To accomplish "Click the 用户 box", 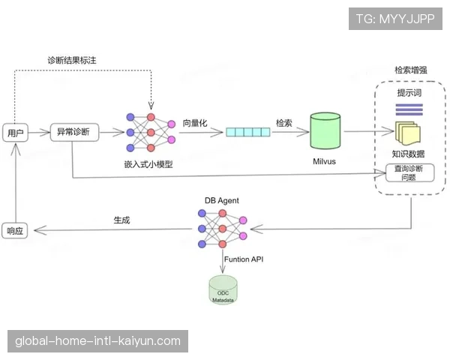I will (15, 133).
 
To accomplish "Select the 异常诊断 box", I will (73, 133).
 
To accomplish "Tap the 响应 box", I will (15, 230).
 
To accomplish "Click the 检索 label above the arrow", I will (284, 123).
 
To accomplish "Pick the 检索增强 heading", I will (411, 70).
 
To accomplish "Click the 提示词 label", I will (409, 92).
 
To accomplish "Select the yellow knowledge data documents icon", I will (408, 133).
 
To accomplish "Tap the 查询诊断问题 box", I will (409, 173).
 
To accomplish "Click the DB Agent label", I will (221, 200).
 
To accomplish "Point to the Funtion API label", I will (244, 259).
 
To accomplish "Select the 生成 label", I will (122, 220).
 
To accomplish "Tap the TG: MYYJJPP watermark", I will (395, 19).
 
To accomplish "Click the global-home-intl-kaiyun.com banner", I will (98, 341).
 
